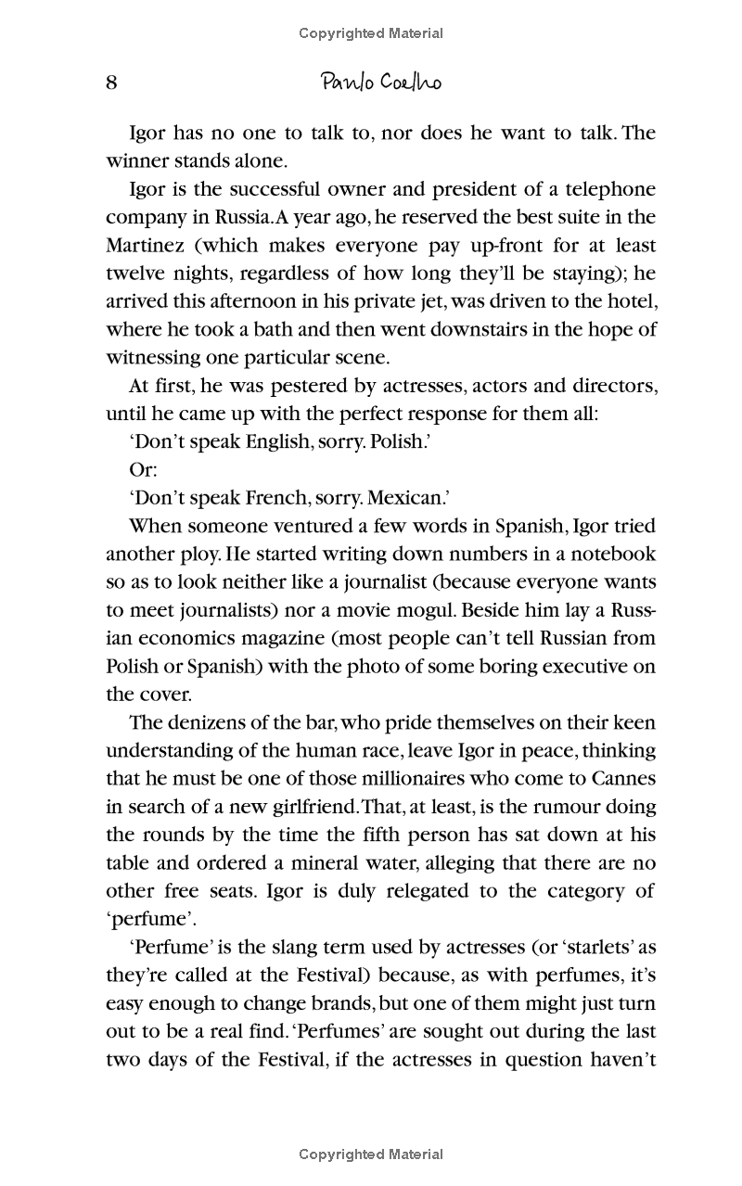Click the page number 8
(111, 83)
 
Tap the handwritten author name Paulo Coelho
(380, 83)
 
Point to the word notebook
(611, 554)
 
